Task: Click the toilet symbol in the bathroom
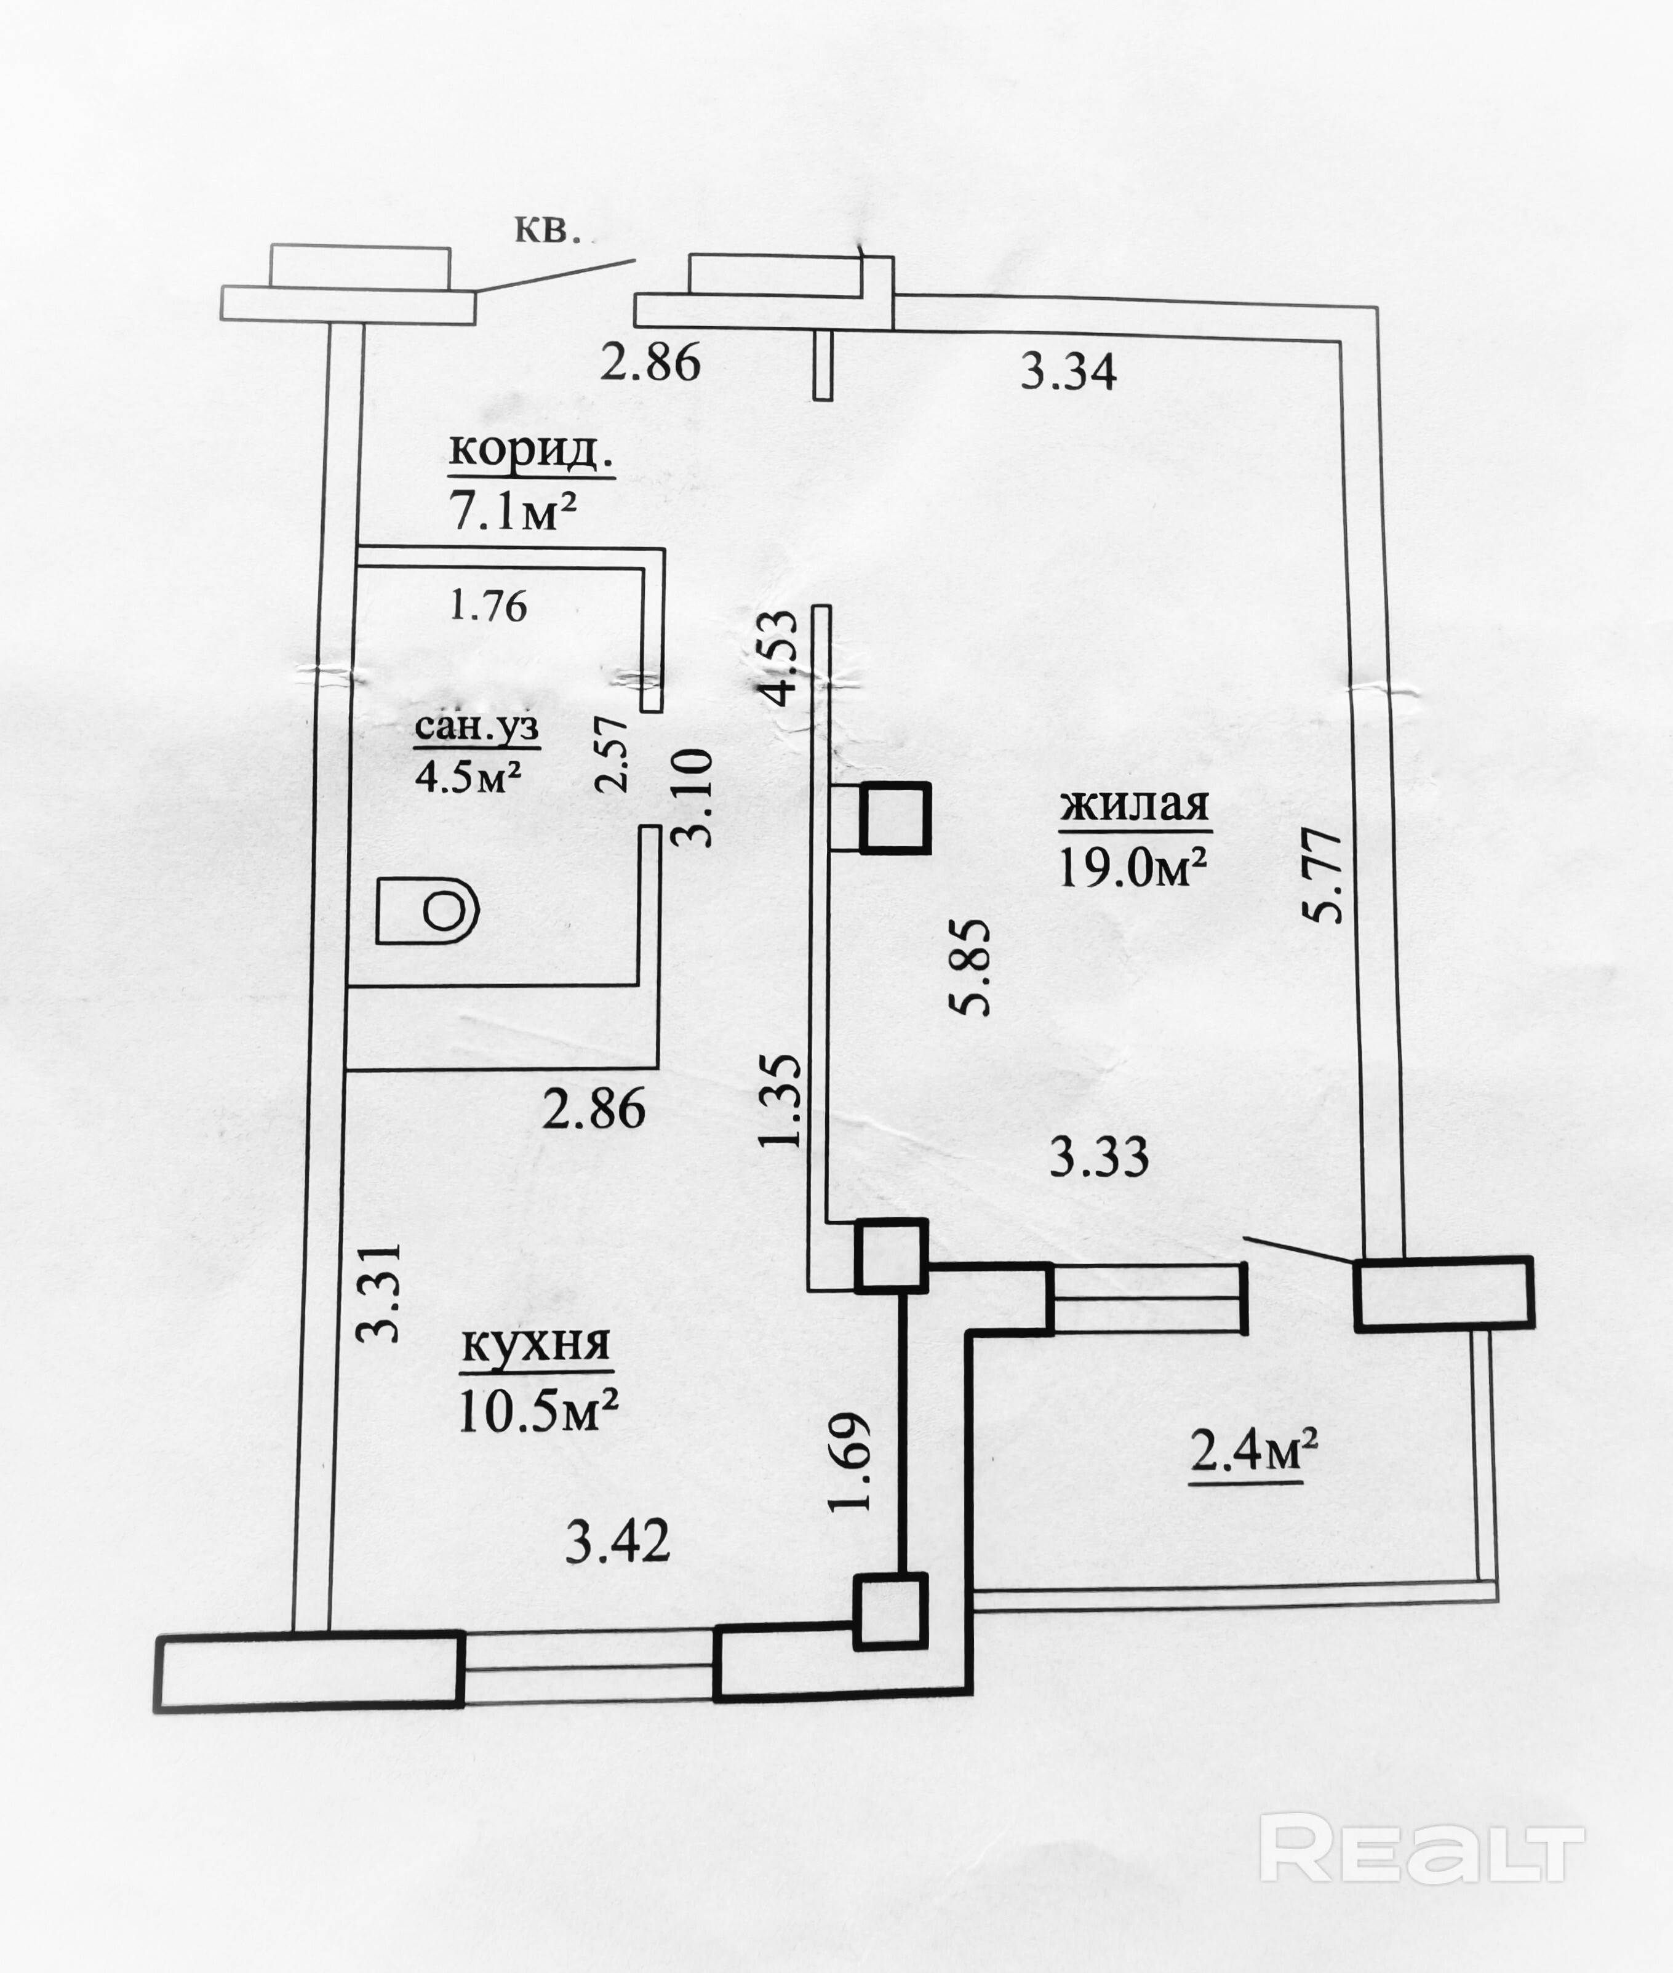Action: pos(428,910)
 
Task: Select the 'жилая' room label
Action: pos(1134,806)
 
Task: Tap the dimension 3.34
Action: pos(1068,371)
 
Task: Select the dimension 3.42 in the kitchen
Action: pos(617,1542)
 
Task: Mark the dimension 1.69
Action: pos(849,1462)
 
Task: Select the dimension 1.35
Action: pos(783,1100)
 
